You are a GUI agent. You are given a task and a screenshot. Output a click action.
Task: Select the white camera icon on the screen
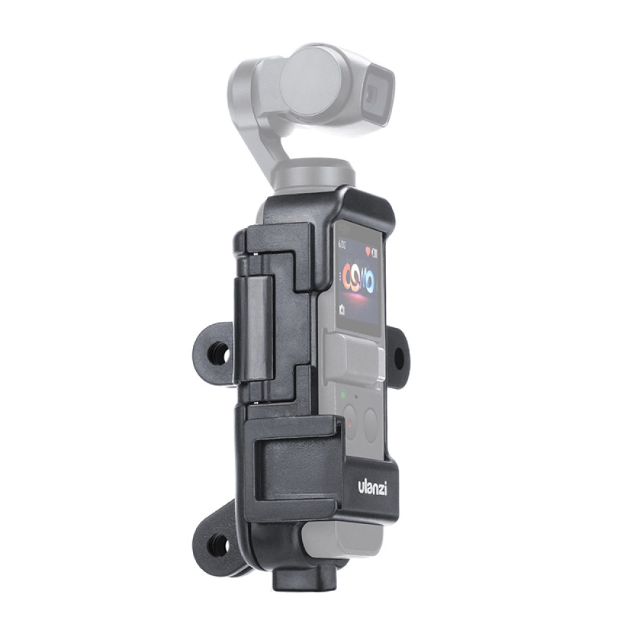[341, 310]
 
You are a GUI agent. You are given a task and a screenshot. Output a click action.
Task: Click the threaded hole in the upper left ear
[219, 354]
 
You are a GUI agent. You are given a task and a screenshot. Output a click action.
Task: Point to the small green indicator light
[343, 394]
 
